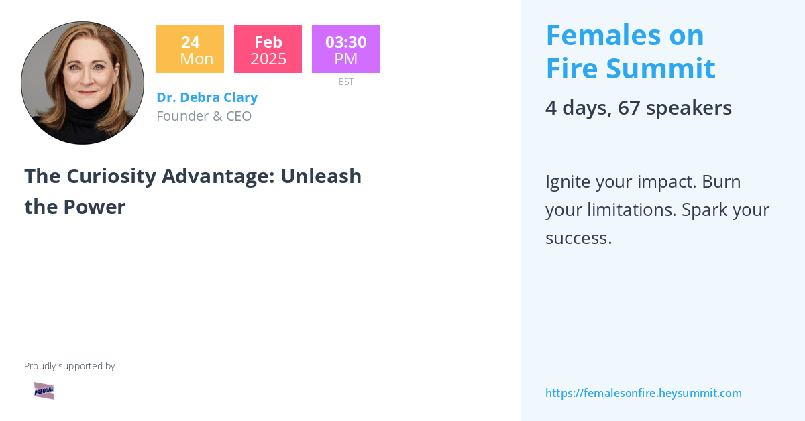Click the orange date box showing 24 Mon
190,50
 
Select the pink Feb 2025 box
268,50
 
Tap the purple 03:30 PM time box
345,50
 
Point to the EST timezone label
345,82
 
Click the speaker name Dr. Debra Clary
207,97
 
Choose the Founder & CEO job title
204,116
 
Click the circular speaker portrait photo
83,83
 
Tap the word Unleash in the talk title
321,176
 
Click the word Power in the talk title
95,207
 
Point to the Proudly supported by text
69,366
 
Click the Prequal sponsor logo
44,391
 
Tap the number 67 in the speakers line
629,108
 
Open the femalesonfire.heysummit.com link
643,393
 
